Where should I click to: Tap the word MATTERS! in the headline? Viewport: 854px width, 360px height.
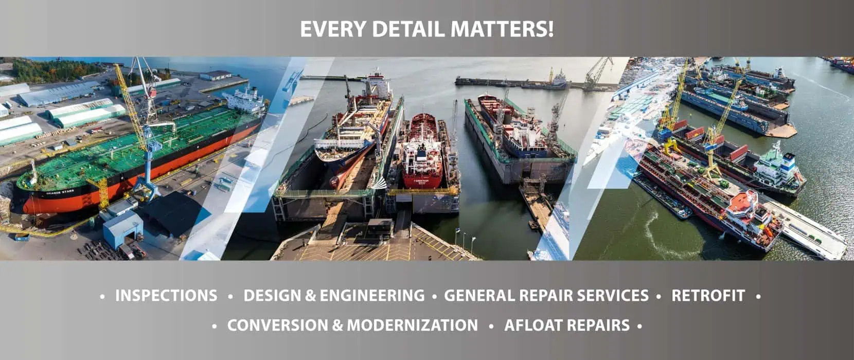[x=502, y=29]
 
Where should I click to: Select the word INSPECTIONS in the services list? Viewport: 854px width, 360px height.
[x=166, y=296]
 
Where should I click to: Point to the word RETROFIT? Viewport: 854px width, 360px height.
[x=708, y=296]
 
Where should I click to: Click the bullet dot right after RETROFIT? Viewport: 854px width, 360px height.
[x=758, y=296]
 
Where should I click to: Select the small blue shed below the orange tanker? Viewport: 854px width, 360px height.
[x=122, y=229]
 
